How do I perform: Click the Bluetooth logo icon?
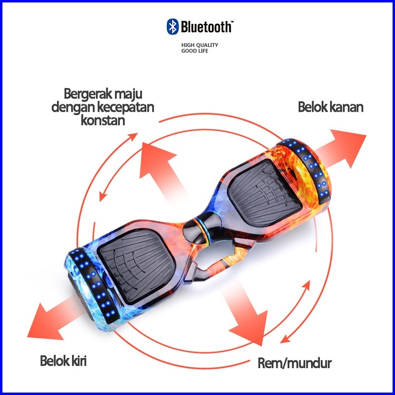(x=172, y=26)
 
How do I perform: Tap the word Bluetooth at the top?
(x=206, y=26)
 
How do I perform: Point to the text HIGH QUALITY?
(x=199, y=45)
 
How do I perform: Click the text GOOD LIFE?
(x=195, y=51)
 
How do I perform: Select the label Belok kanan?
(x=331, y=107)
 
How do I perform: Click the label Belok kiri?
(x=66, y=362)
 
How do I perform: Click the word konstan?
(x=102, y=120)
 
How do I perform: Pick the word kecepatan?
(x=125, y=107)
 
